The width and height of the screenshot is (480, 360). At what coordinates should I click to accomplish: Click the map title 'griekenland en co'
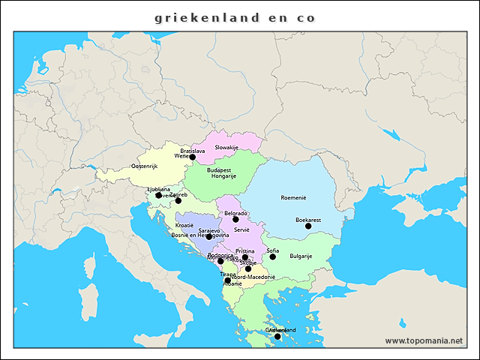coord(235,17)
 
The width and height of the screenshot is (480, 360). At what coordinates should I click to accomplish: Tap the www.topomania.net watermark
coord(424,340)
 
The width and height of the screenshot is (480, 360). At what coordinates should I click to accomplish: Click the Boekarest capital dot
coord(308,226)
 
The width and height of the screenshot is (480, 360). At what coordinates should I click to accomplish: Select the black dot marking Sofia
coord(273,256)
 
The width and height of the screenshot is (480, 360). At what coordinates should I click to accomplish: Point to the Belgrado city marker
coord(235,219)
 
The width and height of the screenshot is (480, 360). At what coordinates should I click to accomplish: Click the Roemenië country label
coord(293,198)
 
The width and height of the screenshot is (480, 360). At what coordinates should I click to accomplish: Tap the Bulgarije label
coord(301,256)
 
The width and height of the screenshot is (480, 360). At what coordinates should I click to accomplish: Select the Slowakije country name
coord(226,148)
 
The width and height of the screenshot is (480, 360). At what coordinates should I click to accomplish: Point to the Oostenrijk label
coord(145,166)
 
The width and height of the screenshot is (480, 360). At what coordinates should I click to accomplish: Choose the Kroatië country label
coord(184,225)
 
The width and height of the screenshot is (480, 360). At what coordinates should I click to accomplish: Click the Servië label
coord(241,229)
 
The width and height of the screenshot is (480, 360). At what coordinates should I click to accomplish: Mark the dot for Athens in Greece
coord(277,336)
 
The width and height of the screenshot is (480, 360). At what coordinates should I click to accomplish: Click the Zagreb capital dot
coord(178,200)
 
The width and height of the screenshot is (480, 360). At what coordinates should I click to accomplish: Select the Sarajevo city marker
coord(209,236)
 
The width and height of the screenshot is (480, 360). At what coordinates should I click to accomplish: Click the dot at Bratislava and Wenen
coord(193,157)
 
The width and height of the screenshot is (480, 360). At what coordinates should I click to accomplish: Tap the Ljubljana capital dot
coord(158,195)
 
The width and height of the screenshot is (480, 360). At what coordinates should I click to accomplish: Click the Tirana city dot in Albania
coord(228,280)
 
